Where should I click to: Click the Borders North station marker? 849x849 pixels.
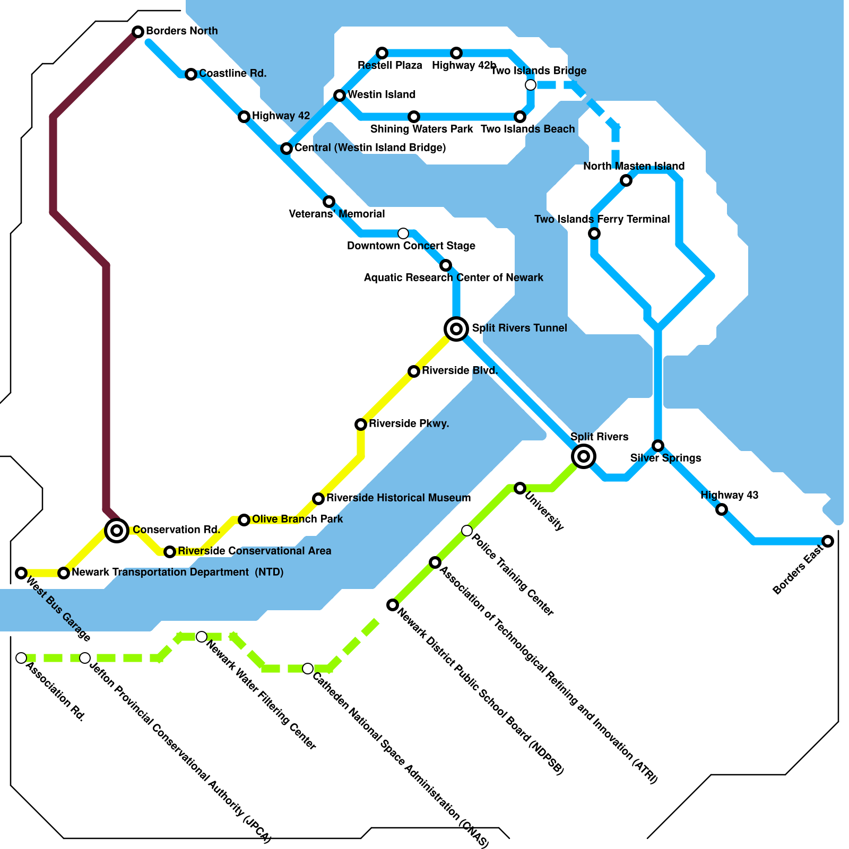[138, 32]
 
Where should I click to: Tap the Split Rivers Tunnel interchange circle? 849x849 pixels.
[456, 329]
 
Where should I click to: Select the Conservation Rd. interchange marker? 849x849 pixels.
[117, 530]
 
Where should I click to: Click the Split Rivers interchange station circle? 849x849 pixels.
[584, 456]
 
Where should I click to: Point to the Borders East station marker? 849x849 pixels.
[828, 541]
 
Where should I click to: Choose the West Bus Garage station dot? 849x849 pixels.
[21, 573]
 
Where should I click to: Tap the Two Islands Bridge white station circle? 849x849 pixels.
[531, 85]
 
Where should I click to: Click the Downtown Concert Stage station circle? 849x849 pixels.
[403, 233]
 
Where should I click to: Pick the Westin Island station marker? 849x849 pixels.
[340, 96]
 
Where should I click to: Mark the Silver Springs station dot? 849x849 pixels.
[658, 446]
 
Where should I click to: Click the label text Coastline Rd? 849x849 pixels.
[232, 73]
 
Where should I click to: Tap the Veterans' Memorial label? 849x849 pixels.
[337, 214]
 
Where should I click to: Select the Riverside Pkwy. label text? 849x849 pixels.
[409, 423]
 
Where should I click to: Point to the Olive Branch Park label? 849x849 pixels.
[297, 519]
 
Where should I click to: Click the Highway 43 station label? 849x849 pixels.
[729, 495]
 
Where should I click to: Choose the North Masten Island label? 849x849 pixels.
[634, 166]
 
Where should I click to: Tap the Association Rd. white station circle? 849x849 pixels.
[21, 658]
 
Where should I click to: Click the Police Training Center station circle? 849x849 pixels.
[467, 531]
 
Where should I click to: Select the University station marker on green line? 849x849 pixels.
[520, 488]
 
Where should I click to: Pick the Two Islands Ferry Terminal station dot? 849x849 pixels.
[594, 233]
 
